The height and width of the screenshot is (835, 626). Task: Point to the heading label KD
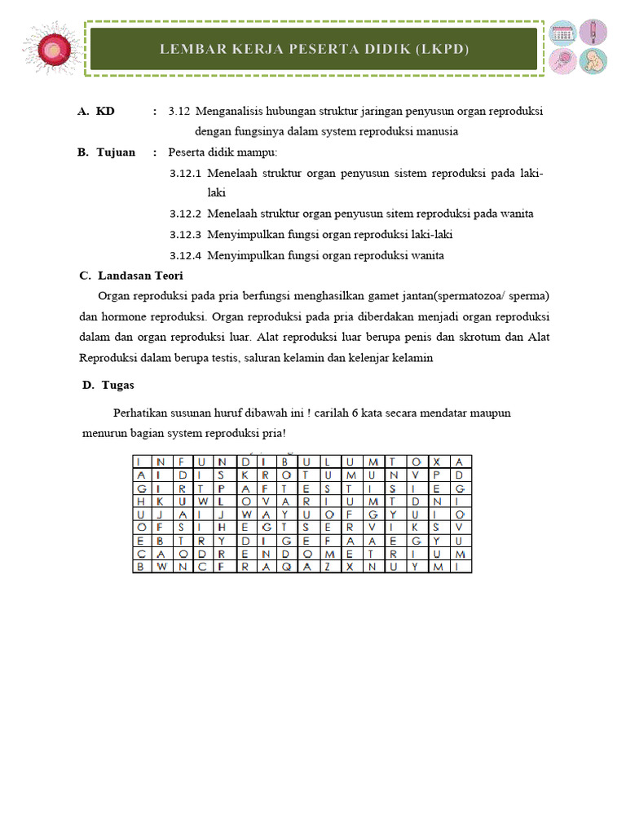105,111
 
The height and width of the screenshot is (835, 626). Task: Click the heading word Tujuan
116,152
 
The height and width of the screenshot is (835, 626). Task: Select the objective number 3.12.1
185,174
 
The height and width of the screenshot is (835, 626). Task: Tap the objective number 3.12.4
185,256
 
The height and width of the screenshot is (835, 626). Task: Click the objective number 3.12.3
185,235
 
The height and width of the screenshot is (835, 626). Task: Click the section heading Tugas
119,385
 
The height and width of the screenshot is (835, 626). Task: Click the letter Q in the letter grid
284,566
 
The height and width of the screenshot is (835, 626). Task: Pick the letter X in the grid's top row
437,462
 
